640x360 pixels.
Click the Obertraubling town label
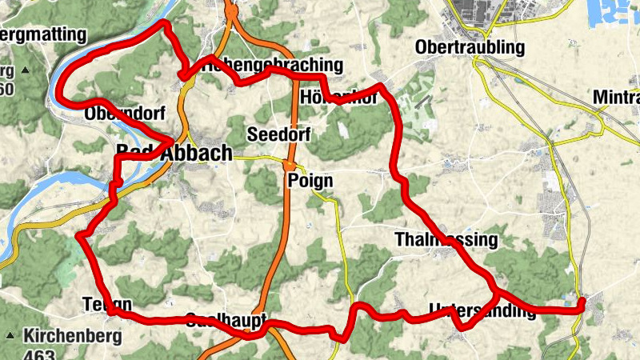(470, 48)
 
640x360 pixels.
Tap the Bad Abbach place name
(174, 153)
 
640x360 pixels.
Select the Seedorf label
(279, 133)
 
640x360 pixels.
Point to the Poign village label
(310, 181)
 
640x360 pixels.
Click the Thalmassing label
(446, 240)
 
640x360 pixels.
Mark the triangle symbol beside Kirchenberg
(10, 335)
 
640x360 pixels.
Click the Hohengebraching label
(272, 66)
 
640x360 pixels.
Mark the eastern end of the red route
(581, 302)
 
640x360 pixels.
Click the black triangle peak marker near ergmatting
(25, 71)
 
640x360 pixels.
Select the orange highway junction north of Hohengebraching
(231, 12)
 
